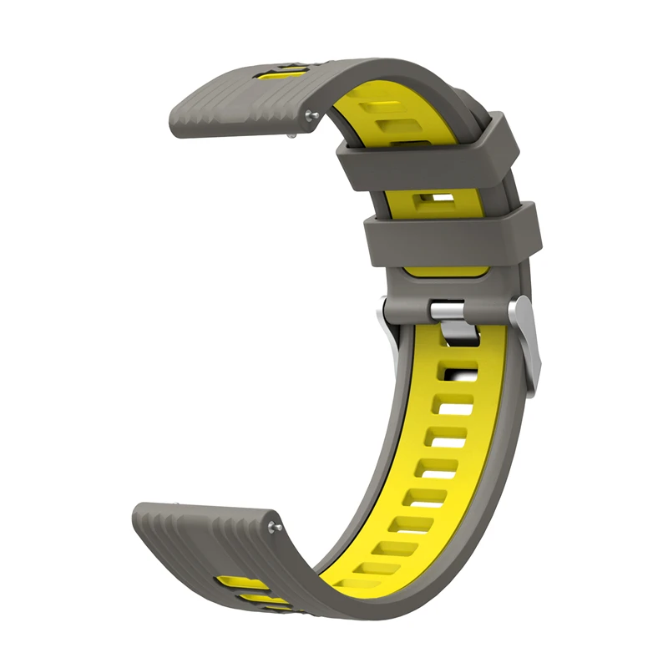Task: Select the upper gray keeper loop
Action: [429, 151]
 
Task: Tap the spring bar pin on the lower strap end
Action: [276, 525]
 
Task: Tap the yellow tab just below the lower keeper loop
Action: [443, 271]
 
